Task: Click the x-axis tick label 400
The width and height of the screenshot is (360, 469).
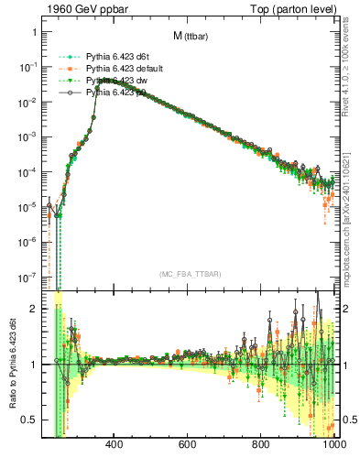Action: (115, 446)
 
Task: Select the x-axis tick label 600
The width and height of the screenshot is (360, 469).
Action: (188, 446)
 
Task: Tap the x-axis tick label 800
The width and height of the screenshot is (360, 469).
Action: (261, 446)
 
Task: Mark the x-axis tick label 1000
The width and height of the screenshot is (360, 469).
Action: (332, 446)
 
